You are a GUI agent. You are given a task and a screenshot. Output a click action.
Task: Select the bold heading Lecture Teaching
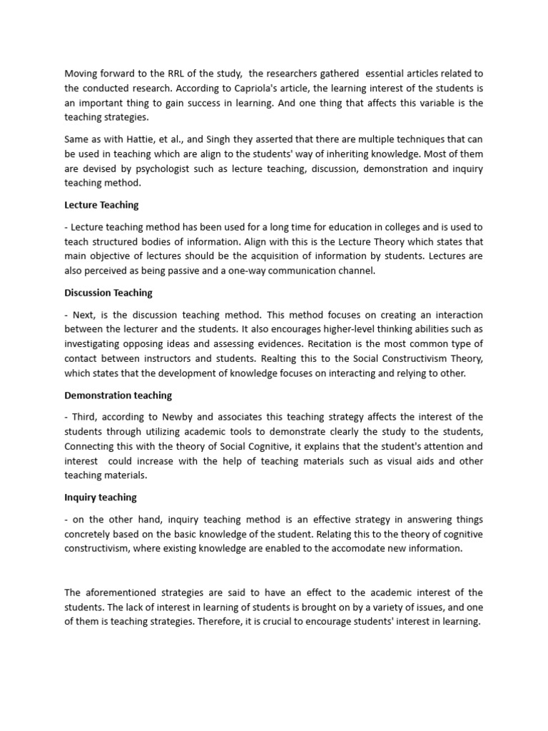coord(101,205)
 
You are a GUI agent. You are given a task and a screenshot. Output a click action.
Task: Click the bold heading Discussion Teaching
coord(108,293)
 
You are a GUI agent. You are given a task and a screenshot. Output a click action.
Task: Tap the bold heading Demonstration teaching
coord(118,395)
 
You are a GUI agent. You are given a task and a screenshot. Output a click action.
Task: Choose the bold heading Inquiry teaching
coord(100,497)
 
